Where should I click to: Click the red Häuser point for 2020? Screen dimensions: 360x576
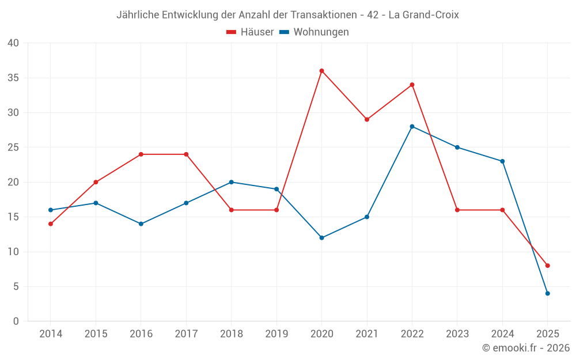[321, 71]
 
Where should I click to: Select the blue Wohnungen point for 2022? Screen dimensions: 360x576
[412, 127]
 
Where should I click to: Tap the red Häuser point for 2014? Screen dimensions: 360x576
[51, 224]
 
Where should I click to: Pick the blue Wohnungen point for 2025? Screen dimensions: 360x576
[547, 294]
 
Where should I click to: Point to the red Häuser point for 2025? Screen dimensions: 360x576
[547, 266]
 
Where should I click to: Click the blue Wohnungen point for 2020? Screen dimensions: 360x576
[321, 238]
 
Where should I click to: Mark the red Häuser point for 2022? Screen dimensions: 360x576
[412, 85]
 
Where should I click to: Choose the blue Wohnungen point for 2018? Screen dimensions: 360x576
[231, 182]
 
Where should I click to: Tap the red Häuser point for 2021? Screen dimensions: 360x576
[367, 120]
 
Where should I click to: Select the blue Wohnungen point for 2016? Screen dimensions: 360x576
[141, 224]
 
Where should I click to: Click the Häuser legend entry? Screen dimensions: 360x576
[250, 32]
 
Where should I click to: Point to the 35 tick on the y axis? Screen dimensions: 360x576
[13, 78]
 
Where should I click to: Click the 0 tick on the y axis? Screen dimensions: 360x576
[16, 321]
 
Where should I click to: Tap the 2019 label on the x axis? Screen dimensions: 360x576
[276, 334]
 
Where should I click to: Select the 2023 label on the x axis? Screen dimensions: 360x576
[457, 334]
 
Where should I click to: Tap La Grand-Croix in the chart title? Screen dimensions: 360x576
[423, 15]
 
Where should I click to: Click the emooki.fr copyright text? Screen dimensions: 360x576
[525, 348]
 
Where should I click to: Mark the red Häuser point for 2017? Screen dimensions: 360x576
[186, 154]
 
